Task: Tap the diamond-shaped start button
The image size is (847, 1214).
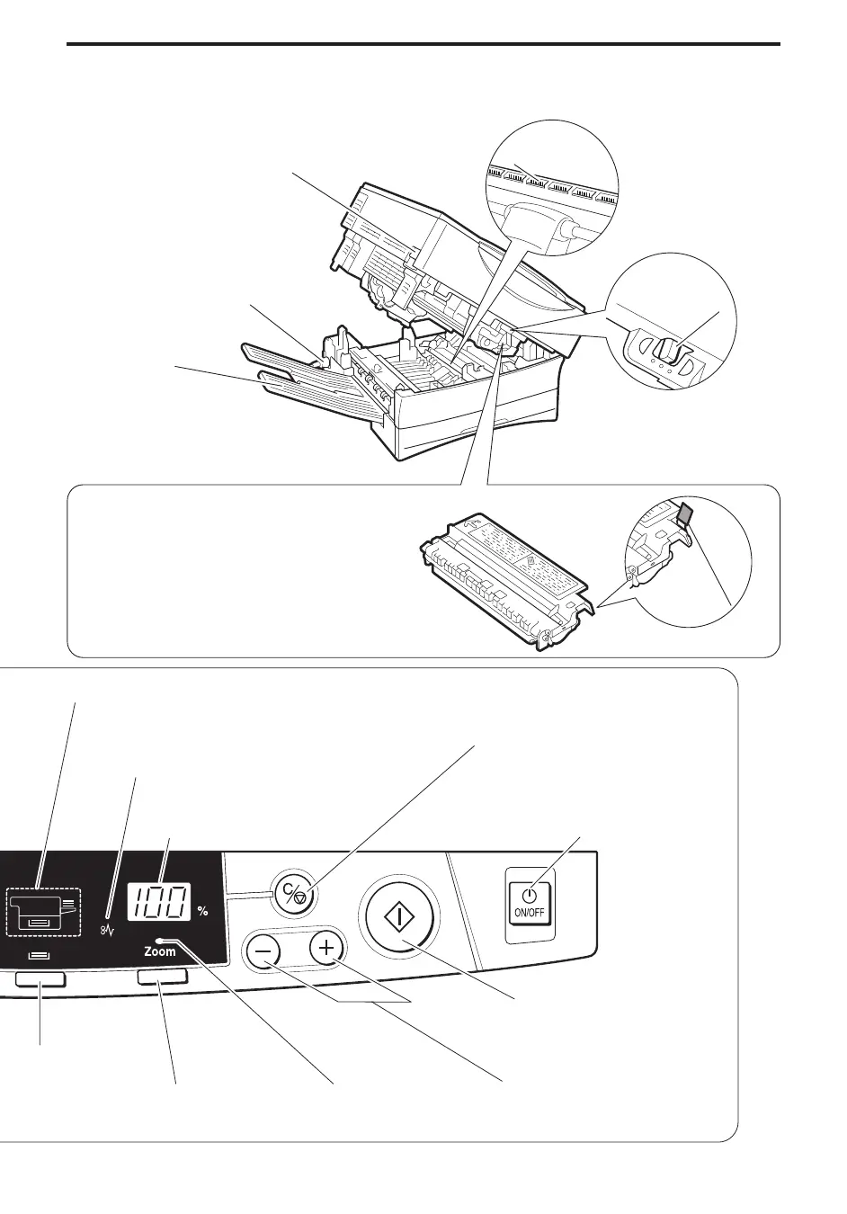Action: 397,916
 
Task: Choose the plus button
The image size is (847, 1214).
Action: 326,948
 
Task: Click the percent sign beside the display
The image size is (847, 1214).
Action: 202,911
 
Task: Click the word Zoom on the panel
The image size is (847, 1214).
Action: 161,951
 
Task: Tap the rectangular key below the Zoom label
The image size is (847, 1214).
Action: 163,977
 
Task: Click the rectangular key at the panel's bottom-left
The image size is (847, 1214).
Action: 40,979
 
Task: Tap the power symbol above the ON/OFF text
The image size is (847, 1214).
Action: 530,895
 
